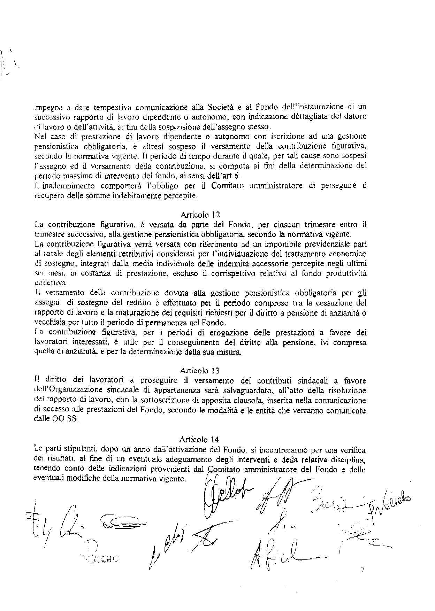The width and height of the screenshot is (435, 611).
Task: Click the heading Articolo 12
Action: pos(200,214)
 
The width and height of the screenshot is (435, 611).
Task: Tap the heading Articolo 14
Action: pos(200,439)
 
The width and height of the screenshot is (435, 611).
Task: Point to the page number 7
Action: pos(363,570)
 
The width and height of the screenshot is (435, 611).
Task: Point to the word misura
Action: pos(229,352)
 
